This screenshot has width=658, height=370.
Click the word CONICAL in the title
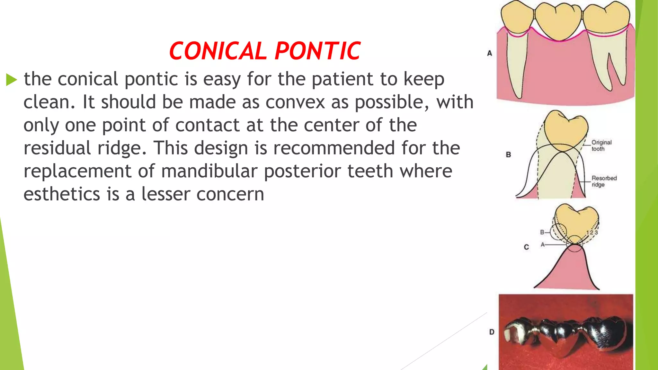pyautogui.click(x=218, y=51)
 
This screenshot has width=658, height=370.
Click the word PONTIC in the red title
pyautogui.click(x=317, y=51)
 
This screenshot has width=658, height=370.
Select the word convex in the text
pyautogui.click(x=295, y=102)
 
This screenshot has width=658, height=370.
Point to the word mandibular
pyautogui.click(x=209, y=171)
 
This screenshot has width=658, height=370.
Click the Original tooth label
pyautogui.click(x=601, y=145)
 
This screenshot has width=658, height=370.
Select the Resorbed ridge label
pyautogui.click(x=604, y=181)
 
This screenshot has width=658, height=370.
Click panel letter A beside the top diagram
pyautogui.click(x=489, y=53)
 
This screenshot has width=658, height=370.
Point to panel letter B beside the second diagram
pyautogui.click(x=508, y=155)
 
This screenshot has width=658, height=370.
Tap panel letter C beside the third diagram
pyautogui.click(x=526, y=247)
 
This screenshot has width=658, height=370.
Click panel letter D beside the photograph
pyautogui.click(x=492, y=332)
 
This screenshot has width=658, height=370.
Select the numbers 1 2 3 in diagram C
pyautogui.click(x=592, y=233)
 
